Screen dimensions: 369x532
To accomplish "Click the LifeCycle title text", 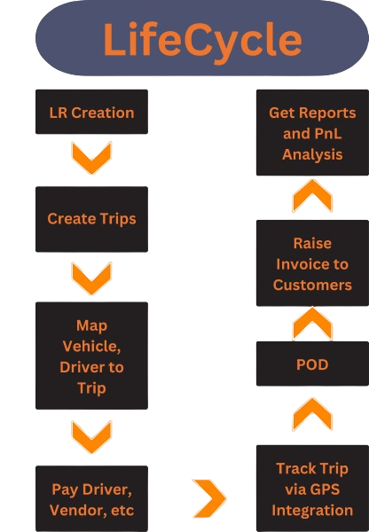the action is point(202,40).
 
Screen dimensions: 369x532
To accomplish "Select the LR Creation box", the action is point(91,112).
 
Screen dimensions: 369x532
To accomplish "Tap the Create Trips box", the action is point(91,219).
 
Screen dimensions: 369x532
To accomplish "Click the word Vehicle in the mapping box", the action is point(91,347).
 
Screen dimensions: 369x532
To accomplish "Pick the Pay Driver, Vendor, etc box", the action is point(91,498).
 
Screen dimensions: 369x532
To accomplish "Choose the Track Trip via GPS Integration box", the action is point(312,489).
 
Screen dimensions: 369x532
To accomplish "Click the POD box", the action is point(312,364).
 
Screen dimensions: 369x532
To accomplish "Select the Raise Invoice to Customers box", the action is point(312,263).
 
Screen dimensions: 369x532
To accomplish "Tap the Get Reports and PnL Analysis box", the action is point(312,133).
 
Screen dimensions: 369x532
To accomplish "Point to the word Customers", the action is point(312,285).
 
